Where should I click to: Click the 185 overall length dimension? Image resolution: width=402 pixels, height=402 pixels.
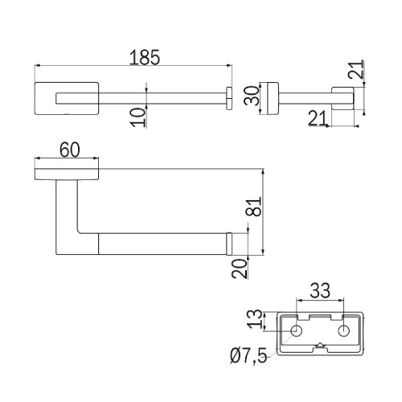click(145, 58)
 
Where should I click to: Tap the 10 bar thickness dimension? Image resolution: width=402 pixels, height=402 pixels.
click(138, 117)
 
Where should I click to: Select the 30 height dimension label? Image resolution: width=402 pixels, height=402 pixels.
click(252, 96)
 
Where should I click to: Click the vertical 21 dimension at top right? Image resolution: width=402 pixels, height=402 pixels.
click(356, 69)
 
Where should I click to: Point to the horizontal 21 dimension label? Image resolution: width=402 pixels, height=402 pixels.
click(318, 118)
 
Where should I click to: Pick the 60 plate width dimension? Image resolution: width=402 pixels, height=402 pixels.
click(70, 150)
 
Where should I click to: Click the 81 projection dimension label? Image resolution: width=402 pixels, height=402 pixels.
click(253, 207)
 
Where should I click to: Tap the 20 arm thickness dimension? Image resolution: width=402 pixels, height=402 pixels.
click(240, 269)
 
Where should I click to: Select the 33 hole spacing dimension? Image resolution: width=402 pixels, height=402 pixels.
click(320, 291)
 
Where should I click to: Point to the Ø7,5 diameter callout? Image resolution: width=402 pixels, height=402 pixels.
click(248, 355)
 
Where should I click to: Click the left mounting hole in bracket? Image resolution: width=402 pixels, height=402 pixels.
click(297, 330)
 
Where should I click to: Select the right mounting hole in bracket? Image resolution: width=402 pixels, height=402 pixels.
click(344, 330)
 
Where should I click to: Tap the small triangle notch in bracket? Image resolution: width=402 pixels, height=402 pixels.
click(320, 345)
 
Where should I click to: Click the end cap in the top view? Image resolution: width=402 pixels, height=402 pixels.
click(229, 98)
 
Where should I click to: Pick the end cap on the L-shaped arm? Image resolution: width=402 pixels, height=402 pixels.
click(229, 244)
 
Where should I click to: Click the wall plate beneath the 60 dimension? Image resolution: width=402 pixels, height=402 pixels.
click(67, 174)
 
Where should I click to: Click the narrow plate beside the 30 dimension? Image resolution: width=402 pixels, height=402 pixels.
click(273, 98)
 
